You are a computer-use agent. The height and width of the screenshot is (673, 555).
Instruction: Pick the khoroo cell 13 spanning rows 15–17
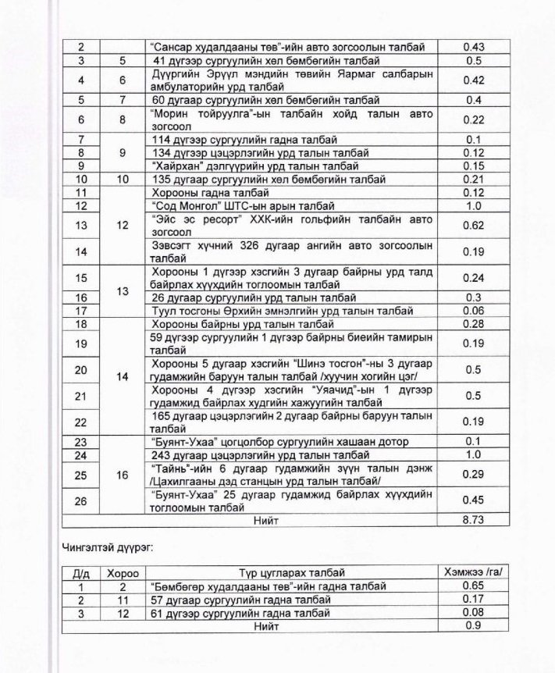[123, 290]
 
